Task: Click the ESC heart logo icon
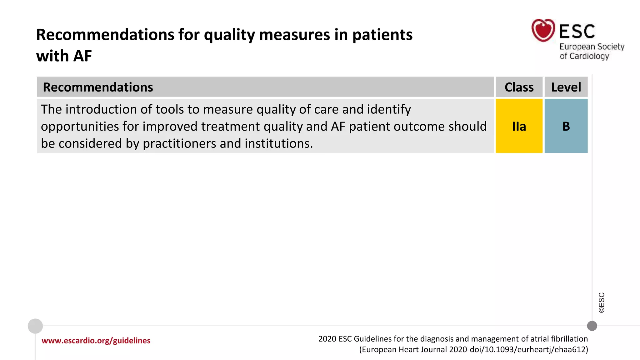(x=543, y=30)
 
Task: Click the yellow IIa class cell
(x=519, y=126)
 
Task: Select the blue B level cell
(x=566, y=126)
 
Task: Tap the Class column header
(x=519, y=87)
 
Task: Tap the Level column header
(x=566, y=87)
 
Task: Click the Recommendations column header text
(x=98, y=87)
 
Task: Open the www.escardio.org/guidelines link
(x=96, y=340)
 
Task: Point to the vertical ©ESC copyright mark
(x=602, y=302)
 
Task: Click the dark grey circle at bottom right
(x=592, y=326)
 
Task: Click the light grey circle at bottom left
(x=35, y=326)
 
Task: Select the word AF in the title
(x=82, y=56)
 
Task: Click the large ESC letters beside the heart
(x=577, y=31)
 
